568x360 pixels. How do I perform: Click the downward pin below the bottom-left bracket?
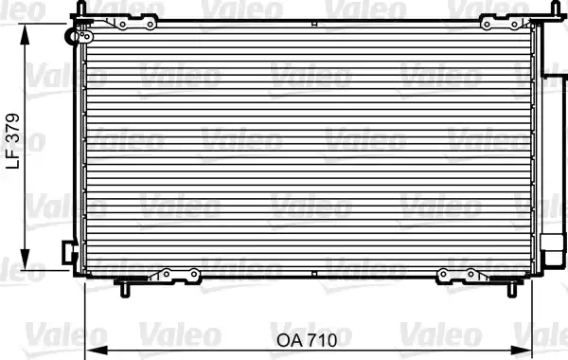(x=121, y=286)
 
